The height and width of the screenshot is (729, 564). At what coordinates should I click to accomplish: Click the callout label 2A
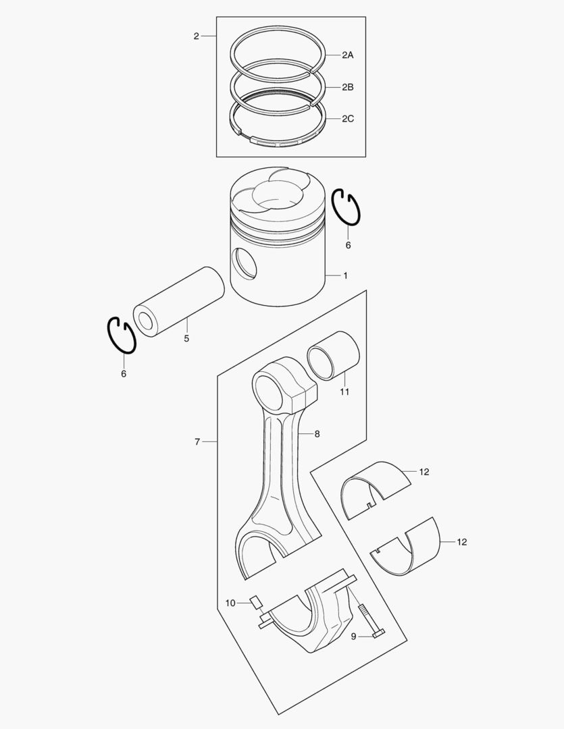347,55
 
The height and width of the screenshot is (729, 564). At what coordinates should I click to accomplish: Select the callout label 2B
347,87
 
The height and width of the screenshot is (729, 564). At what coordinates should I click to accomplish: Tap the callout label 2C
347,119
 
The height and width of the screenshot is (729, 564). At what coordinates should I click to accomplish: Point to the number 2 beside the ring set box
196,36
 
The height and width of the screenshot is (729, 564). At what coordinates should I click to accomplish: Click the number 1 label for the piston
345,275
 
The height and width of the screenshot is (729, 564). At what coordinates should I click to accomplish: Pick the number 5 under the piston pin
186,338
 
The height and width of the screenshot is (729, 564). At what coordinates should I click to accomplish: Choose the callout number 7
197,441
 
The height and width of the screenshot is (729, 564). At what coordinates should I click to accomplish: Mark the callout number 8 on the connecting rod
317,433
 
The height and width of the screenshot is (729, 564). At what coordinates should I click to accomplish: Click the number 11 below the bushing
344,392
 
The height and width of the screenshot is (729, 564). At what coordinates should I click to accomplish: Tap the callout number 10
230,603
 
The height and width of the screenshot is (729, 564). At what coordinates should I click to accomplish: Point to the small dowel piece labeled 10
255,602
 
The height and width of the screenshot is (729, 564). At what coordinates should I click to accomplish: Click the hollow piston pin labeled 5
178,301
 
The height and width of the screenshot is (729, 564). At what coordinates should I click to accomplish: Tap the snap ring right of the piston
347,207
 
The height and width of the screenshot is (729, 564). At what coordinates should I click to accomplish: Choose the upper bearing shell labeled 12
376,488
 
